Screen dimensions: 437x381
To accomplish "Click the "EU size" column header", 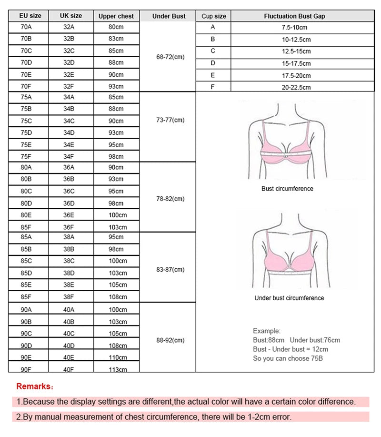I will (30, 16).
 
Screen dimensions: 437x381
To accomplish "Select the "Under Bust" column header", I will (169, 16).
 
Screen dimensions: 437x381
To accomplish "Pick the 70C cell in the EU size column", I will (26, 51).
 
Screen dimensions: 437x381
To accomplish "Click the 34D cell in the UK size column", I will (69, 132).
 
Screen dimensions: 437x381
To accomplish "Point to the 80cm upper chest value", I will (116, 27).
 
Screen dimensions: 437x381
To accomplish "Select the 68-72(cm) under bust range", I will (170, 57).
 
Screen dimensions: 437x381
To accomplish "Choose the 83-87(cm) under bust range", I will (170, 270).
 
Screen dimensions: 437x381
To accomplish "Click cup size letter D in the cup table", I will (213, 63).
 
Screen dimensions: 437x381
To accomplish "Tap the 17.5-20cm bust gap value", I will (296, 75).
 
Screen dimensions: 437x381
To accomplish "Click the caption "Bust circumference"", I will (287, 189).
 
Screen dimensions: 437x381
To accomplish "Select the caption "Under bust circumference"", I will (289, 298).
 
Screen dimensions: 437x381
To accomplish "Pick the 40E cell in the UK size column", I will (69, 357).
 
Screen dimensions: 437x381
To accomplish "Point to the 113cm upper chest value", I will (118, 369).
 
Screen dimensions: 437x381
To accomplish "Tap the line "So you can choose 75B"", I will (288, 358).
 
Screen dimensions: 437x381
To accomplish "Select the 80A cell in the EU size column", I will (26, 167).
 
